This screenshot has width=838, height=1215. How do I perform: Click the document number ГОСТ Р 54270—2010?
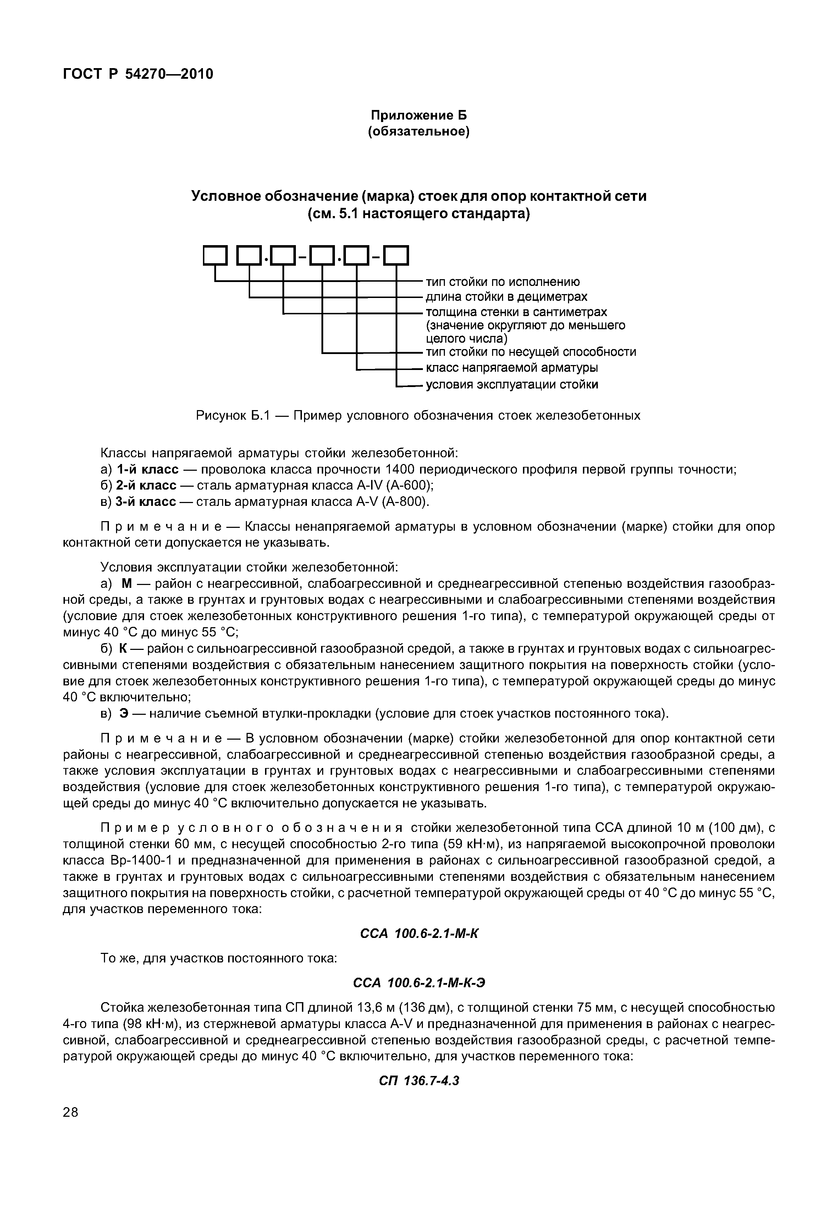[138, 74]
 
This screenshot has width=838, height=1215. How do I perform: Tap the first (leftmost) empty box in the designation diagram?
[215, 257]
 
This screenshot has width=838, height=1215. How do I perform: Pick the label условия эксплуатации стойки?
[511, 384]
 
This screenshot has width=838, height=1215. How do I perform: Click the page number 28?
[70, 1127]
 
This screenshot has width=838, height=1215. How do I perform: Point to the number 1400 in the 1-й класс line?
[400, 469]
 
